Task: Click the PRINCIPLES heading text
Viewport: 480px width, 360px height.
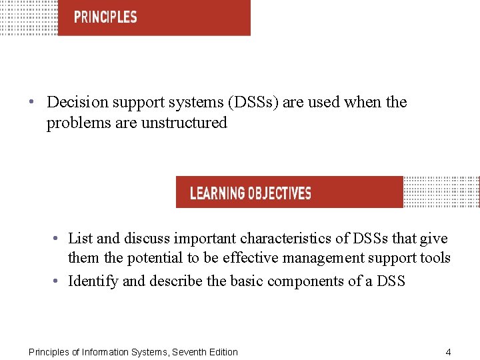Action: click(x=105, y=17)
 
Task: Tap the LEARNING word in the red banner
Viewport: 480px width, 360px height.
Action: click(x=217, y=193)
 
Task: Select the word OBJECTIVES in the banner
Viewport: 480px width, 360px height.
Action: click(x=279, y=193)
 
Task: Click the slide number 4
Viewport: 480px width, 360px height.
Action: click(x=448, y=352)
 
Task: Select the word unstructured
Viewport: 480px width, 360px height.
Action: click(x=184, y=123)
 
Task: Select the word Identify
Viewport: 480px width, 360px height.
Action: click(x=93, y=281)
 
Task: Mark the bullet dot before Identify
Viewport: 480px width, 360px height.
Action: click(x=58, y=281)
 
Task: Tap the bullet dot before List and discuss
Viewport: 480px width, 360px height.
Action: click(x=58, y=239)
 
